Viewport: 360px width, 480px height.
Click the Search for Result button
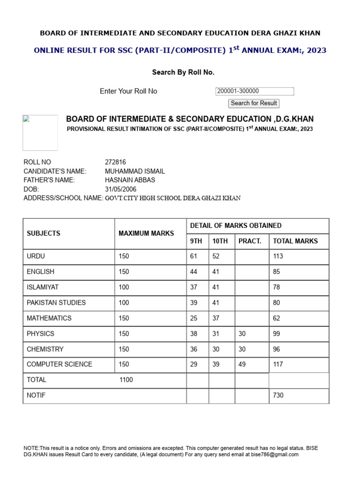coord(254,103)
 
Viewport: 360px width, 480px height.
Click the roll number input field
coord(255,91)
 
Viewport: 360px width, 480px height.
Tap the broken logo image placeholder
coord(40,133)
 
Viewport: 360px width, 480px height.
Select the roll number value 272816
coord(115,162)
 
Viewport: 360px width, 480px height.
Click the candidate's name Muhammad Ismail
coord(135,171)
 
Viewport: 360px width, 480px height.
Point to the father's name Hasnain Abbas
coord(130,180)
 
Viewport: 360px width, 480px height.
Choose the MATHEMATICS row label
coord(49,318)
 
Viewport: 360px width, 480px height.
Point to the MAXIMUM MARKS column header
coord(146,233)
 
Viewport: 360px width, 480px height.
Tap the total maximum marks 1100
coord(127,380)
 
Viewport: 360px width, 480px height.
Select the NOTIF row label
coord(36,396)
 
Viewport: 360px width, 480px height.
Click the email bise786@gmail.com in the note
coord(276,455)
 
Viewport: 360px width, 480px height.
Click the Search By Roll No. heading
coord(183,72)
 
